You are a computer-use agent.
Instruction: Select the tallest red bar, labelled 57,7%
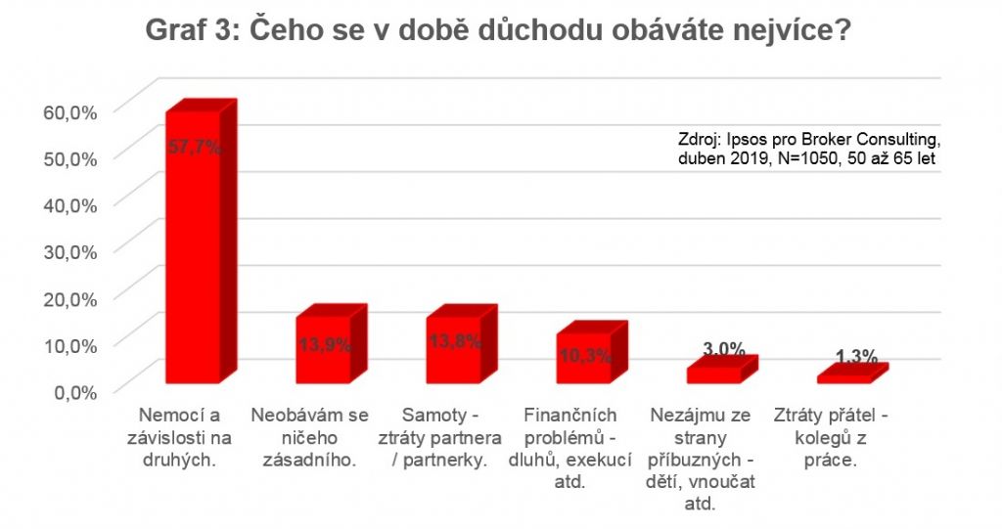pyautogui.click(x=193, y=244)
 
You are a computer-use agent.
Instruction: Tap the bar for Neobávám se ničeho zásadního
pyautogui.click(x=324, y=349)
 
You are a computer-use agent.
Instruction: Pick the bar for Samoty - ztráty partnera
pyautogui.click(x=453, y=349)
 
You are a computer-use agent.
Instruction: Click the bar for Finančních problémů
pyautogui.click(x=583, y=357)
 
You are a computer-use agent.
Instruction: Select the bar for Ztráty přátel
pyautogui.click(x=843, y=377)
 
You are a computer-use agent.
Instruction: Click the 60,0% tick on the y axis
pyautogui.click(x=70, y=110)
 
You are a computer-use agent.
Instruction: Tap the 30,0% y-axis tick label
pyautogui.click(x=70, y=251)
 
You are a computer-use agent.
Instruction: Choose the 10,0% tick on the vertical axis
pyautogui.click(x=70, y=344)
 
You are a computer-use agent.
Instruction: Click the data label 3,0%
pyautogui.click(x=724, y=349)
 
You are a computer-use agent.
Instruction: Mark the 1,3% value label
pyautogui.click(x=854, y=357)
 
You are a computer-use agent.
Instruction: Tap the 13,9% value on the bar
pyautogui.click(x=324, y=344)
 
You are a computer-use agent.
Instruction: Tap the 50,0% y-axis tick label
pyautogui.click(x=70, y=157)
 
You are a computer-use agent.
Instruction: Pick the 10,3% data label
pyautogui.click(x=583, y=354)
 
